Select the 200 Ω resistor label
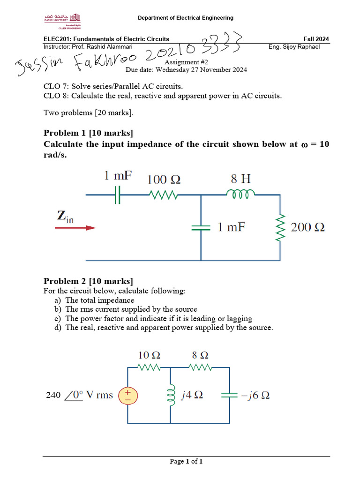pyautogui.click(x=308, y=228)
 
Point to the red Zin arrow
pyautogui.click(x=75, y=228)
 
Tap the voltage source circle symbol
pyautogui.click(x=128, y=396)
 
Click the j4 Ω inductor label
pyautogui.click(x=192, y=395)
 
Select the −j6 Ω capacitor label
pyautogui.click(x=255, y=395)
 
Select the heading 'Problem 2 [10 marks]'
pyautogui.click(x=89, y=281)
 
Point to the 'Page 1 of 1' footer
pyautogui.click(x=186, y=462)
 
